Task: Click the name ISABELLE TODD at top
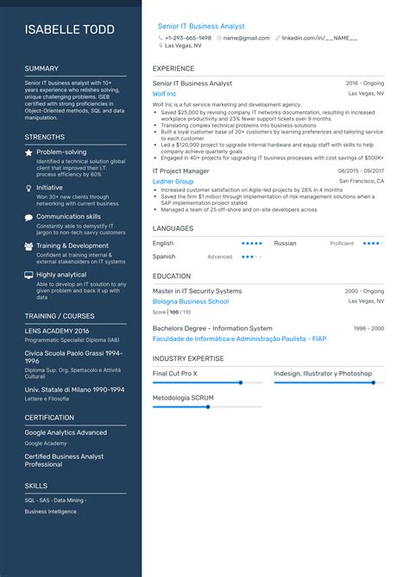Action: tap(70, 30)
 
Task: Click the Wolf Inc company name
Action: tap(164, 93)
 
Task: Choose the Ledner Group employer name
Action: tap(173, 182)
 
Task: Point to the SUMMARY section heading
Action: tap(41, 68)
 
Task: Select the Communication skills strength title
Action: tap(68, 217)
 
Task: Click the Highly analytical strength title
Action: tap(61, 275)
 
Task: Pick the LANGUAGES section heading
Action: tap(173, 228)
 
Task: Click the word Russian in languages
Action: tap(285, 244)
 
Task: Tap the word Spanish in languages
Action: tap(164, 257)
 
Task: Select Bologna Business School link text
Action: tap(191, 302)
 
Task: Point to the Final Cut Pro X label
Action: tap(175, 374)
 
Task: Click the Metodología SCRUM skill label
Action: tap(182, 398)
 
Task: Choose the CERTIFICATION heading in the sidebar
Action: tap(49, 418)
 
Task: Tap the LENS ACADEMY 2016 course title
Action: tap(57, 331)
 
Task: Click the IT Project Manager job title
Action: tap(180, 171)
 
